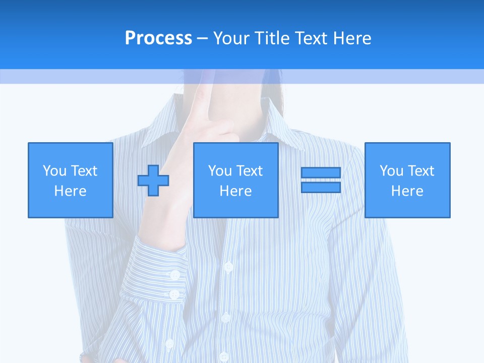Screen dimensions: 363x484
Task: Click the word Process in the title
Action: click(158, 38)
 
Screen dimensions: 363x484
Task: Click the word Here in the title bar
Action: click(351, 38)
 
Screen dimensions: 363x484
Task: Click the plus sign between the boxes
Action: click(153, 180)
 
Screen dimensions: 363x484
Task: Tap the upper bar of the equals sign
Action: click(321, 173)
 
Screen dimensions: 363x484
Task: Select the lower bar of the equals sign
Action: click(321, 187)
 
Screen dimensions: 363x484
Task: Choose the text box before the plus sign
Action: click(70, 180)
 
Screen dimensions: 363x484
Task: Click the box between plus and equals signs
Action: click(235, 180)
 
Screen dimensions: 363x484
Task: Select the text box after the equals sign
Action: click(407, 180)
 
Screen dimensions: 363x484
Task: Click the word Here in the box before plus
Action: click(70, 191)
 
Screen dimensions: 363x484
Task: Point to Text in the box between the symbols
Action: click(250, 171)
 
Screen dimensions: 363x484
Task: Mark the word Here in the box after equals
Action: click(407, 191)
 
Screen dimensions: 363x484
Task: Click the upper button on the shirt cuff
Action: click(175, 275)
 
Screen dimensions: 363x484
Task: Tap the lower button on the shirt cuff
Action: click(174, 294)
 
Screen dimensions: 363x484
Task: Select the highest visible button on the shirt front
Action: click(228, 266)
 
